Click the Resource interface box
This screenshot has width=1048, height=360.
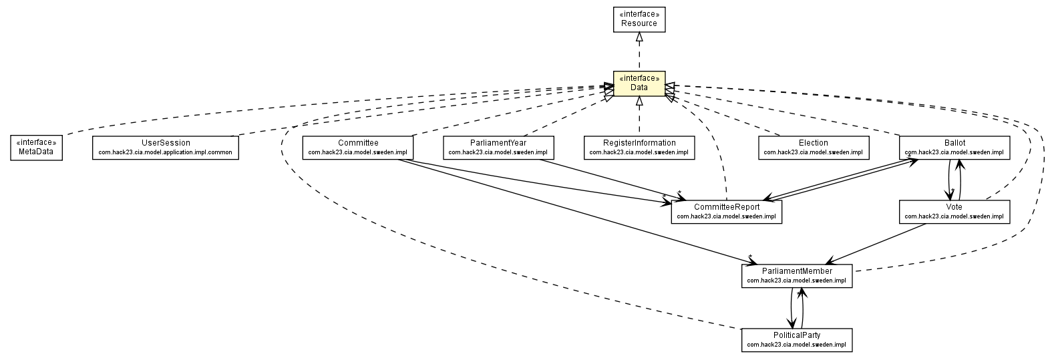pos(639,19)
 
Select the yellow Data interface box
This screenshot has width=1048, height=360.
pos(639,83)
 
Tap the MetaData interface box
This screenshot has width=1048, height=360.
pos(37,147)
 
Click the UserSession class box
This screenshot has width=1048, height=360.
pos(166,147)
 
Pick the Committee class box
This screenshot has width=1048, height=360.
pos(357,147)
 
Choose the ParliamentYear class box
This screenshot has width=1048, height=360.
pos(498,147)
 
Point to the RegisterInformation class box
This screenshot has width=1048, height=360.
pos(639,147)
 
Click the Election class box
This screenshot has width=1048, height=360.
pos(813,147)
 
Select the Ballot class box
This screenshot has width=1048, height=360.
pos(954,147)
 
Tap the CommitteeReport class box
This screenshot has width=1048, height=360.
pos(726,211)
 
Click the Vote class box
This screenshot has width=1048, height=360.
pos(954,211)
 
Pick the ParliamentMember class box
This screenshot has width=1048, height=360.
pos(797,275)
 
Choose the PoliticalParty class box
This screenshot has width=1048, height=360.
pos(797,339)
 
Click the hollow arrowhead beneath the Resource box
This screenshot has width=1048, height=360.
pos(639,37)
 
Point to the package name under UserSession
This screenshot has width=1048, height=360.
pos(166,152)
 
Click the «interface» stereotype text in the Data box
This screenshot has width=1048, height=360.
pos(639,78)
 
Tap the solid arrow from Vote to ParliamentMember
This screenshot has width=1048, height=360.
pos(875,244)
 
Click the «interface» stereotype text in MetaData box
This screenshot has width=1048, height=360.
pos(37,142)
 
